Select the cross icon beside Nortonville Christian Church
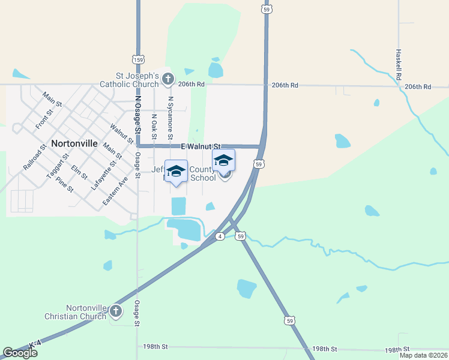coord(116,311)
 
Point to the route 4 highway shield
coord(220,236)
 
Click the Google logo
coord(20,353)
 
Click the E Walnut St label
coord(200,146)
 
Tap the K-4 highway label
coord(34,343)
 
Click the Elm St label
coord(79,172)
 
